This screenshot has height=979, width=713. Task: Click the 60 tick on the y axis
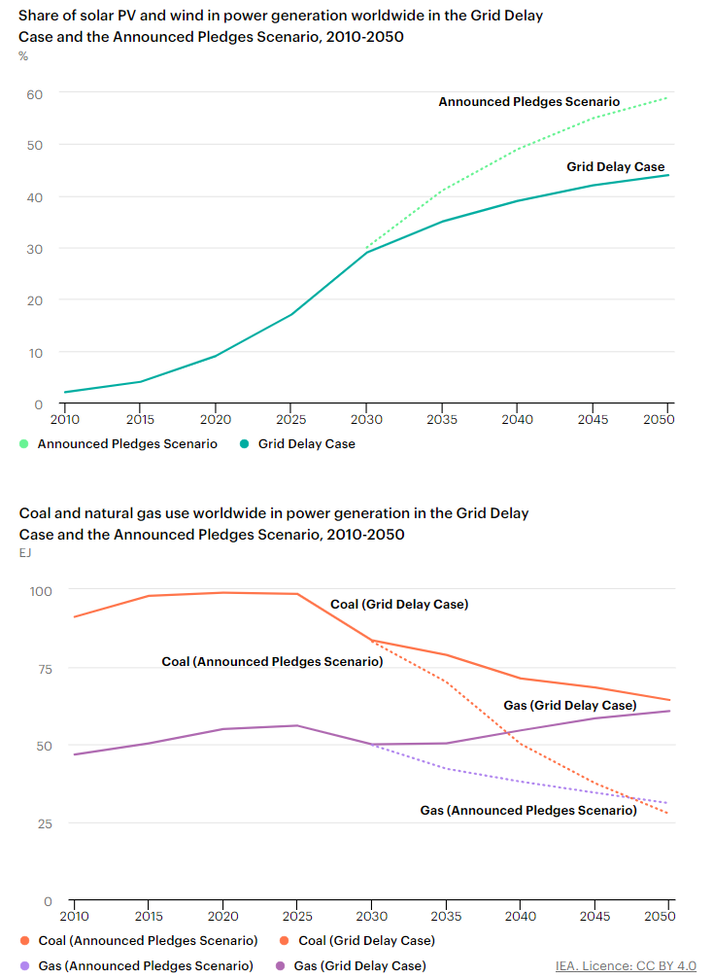(x=35, y=93)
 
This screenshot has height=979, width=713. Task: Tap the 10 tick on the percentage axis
(x=35, y=353)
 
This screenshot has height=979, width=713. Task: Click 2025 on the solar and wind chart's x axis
(x=290, y=419)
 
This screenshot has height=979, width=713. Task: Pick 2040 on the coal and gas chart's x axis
(x=520, y=916)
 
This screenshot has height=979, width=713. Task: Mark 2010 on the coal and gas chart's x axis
(x=74, y=916)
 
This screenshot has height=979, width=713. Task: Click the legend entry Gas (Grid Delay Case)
(x=358, y=965)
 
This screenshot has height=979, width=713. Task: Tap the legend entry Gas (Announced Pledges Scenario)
(x=146, y=965)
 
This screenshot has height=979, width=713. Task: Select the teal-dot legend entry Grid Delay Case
(x=306, y=444)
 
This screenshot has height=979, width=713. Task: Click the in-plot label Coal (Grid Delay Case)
(x=399, y=605)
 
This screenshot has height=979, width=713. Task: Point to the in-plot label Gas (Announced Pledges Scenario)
(x=528, y=811)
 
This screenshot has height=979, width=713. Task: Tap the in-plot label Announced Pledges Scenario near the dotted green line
(x=528, y=102)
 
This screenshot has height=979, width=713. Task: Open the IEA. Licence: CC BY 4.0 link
(x=626, y=965)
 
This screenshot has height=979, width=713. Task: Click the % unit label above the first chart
(x=23, y=56)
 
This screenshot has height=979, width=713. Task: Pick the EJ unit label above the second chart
(x=25, y=553)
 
